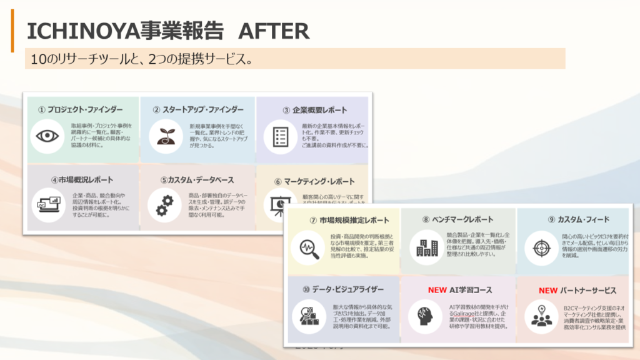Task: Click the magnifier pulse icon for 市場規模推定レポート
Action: click(309, 246)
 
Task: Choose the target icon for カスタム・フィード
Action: click(540, 247)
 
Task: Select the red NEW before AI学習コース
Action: click(437, 291)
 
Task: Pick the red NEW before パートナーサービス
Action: click(547, 291)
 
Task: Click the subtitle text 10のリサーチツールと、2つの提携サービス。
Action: click(141, 59)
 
